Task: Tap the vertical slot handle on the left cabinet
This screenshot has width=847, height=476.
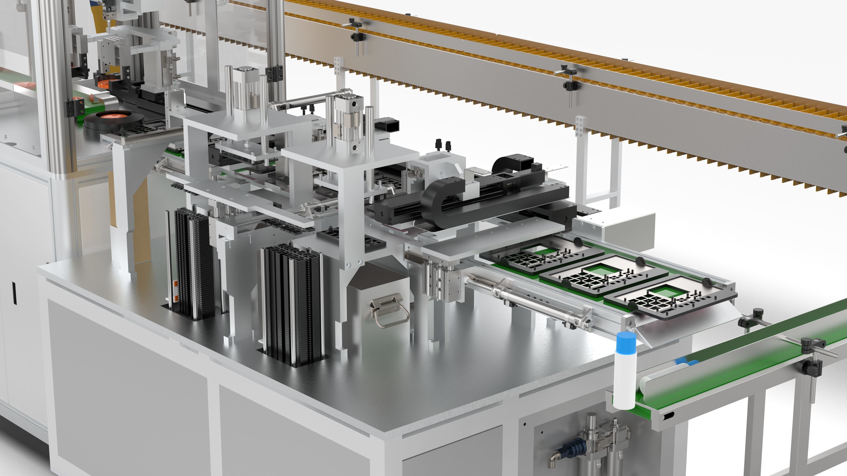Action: click(14, 292)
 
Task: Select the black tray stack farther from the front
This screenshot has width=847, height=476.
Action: click(191, 260)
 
